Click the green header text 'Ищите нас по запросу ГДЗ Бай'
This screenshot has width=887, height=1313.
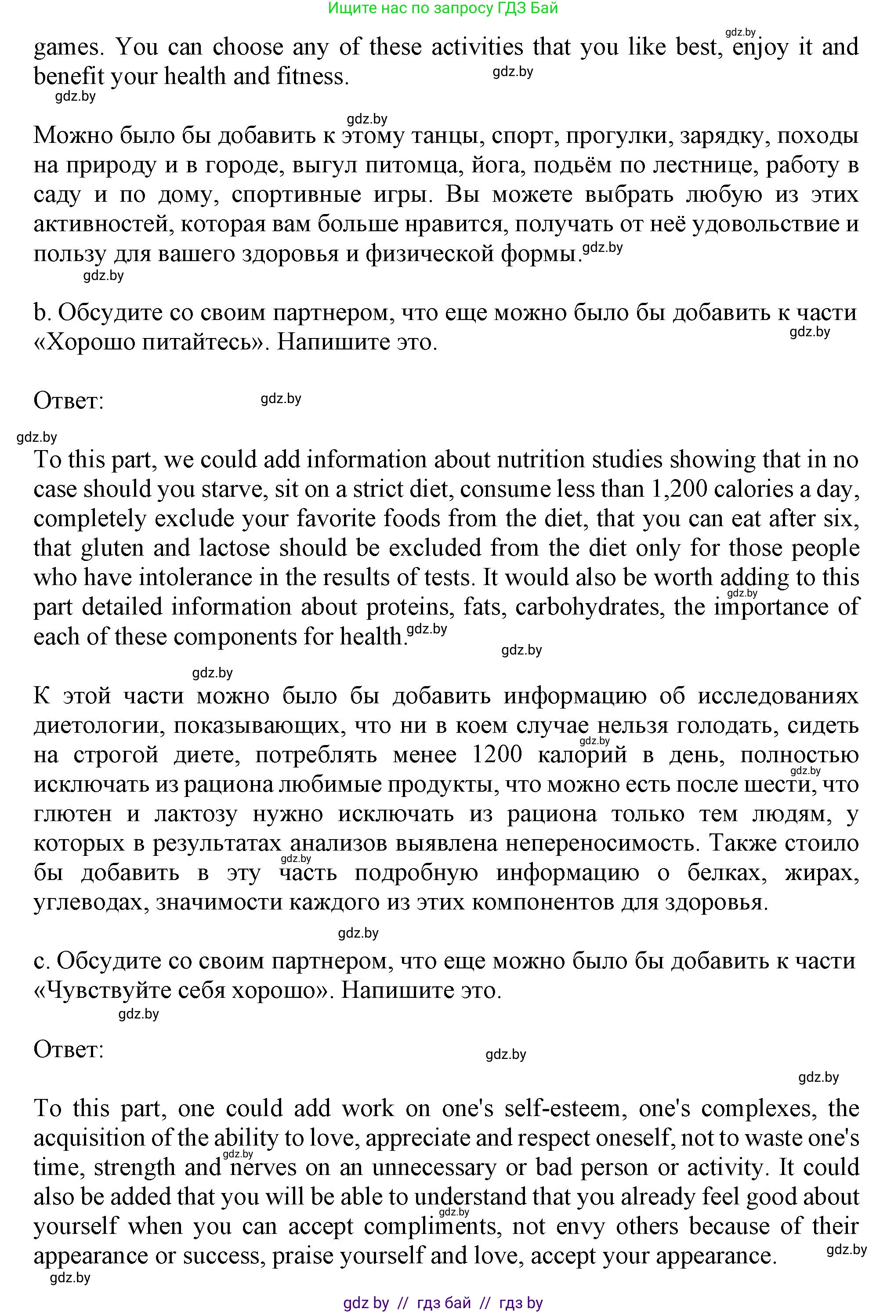click(x=443, y=8)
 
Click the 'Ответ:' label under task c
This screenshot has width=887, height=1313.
click(x=69, y=1049)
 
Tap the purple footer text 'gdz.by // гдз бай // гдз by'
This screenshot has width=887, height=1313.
click(x=443, y=1303)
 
